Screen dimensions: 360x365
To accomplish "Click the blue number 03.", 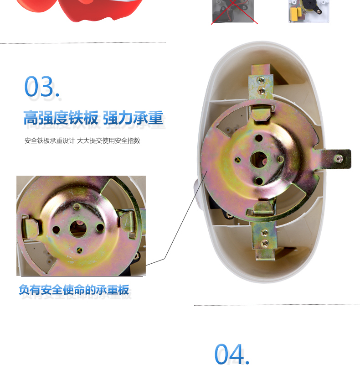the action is (x=42, y=86).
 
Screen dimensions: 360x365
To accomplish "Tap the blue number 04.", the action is (x=231, y=354).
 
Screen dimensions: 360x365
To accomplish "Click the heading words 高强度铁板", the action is (x=61, y=118).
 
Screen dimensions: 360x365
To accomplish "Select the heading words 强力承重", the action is (x=133, y=118).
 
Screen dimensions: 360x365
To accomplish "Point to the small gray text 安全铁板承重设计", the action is (x=50, y=141).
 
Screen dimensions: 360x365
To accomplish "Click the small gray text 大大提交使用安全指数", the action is (x=108, y=141).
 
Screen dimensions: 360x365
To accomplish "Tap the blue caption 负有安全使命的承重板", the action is (x=74, y=290).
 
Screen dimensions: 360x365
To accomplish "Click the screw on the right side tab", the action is (x=339, y=159).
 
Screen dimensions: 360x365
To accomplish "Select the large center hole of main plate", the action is (x=258, y=160).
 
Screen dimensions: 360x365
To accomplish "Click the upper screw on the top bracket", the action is (x=261, y=80).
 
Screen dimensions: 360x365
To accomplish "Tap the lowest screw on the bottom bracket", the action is (x=265, y=243).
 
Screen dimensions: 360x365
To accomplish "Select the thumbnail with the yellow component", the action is (x=309, y=11).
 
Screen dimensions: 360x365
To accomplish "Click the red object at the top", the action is (x=79, y=10).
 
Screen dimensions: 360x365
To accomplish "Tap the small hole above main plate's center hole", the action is (x=258, y=138).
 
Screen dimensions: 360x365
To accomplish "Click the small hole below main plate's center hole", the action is (x=259, y=181).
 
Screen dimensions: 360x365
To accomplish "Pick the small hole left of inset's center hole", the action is (x=56, y=230).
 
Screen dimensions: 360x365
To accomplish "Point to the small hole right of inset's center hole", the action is (x=100, y=227).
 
